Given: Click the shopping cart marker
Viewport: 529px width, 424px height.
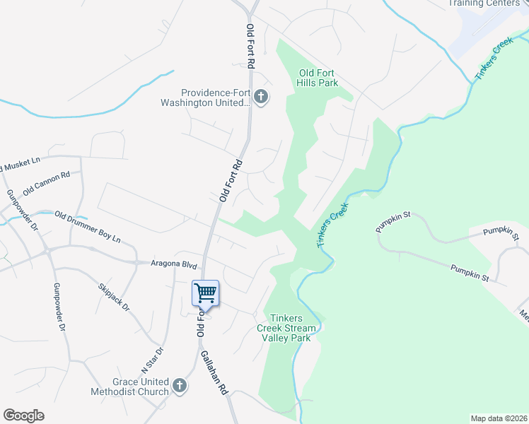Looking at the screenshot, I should [205, 293].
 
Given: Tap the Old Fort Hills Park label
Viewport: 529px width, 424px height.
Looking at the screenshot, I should [319, 78].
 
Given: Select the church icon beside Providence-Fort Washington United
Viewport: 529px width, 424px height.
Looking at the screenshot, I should [261, 98].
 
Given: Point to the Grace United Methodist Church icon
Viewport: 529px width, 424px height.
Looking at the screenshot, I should [180, 386].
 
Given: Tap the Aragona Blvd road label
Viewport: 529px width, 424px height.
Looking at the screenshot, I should [173, 263].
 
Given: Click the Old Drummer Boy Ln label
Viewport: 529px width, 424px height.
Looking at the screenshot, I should [88, 227].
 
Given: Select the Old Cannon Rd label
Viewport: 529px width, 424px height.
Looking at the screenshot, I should [47, 184].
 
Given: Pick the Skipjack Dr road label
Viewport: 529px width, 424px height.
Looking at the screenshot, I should [114, 297].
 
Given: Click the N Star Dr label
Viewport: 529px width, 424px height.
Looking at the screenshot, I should [152, 360].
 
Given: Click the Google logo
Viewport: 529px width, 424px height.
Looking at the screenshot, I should [23, 416].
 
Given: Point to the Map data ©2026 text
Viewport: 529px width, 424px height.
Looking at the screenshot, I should [499, 418].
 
